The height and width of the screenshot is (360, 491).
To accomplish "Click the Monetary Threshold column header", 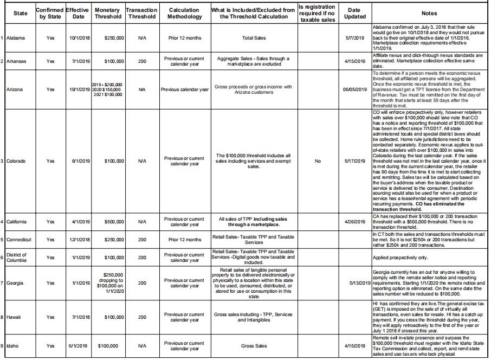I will tap(107, 14).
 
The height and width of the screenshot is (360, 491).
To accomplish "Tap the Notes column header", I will tap(430, 14).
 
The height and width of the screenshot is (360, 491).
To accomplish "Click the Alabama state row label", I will tap(17, 38).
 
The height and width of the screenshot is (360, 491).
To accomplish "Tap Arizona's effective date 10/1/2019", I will tap(78, 89).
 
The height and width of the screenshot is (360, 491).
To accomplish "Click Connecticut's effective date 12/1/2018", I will tap(78, 240).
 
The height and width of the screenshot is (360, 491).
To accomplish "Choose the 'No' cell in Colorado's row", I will tap(318, 161).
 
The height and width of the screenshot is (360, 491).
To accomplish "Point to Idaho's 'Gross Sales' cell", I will tap(254, 345).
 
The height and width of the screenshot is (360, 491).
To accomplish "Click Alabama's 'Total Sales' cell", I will tap(254, 38).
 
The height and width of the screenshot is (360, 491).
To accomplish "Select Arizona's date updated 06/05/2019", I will tap(355, 89).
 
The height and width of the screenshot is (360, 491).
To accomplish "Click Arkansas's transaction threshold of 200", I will tap(142, 61).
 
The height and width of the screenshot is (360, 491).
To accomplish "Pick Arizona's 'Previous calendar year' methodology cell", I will tap(185, 89).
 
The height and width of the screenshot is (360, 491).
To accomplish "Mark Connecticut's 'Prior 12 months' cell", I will tap(185, 240).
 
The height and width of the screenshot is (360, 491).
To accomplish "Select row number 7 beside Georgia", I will tap(3, 282).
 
